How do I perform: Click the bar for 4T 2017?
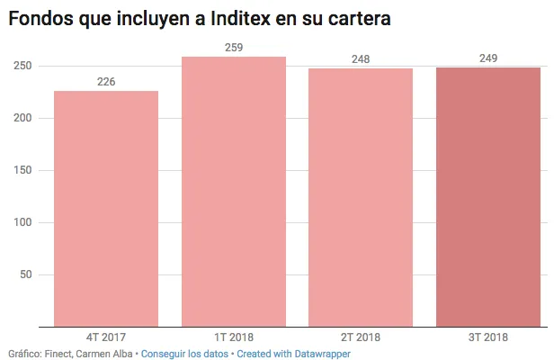[x=106, y=208]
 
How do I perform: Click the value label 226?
[x=106, y=82]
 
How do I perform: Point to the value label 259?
[x=234, y=48]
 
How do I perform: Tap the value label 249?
[x=488, y=58]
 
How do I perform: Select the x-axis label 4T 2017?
[x=106, y=337]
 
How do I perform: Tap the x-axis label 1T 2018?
[x=234, y=337]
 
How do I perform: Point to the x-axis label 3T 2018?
[x=488, y=337]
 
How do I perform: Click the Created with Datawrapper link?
[x=293, y=354]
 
